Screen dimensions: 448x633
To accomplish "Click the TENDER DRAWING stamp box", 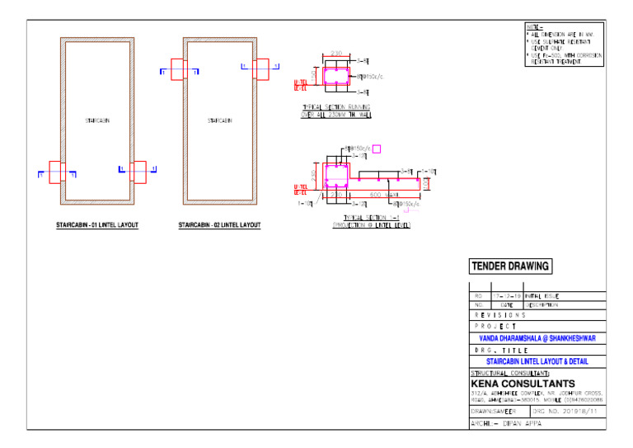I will point(510,266).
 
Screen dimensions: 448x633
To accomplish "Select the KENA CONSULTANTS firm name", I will point(523,384).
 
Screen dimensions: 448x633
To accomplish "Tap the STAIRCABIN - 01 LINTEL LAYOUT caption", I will point(97,225).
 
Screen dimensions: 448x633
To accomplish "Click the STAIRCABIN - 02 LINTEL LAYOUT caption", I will point(219,225).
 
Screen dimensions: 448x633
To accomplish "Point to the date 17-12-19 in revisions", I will point(506,295).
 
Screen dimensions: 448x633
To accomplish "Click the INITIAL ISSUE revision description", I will point(542,295).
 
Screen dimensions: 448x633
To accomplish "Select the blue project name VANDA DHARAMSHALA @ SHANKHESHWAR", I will point(537,337).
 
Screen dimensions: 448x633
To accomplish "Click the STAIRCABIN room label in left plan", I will point(98,121).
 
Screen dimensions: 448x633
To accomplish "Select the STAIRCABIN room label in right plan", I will point(219,121).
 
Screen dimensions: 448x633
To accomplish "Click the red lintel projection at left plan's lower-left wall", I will point(56,171).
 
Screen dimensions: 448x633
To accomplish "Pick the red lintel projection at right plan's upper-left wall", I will point(178,67).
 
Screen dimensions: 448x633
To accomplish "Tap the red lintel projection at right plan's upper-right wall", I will point(261,67).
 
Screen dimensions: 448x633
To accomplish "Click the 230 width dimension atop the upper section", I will point(335,54).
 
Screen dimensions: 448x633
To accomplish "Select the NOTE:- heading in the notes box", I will point(534,26).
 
